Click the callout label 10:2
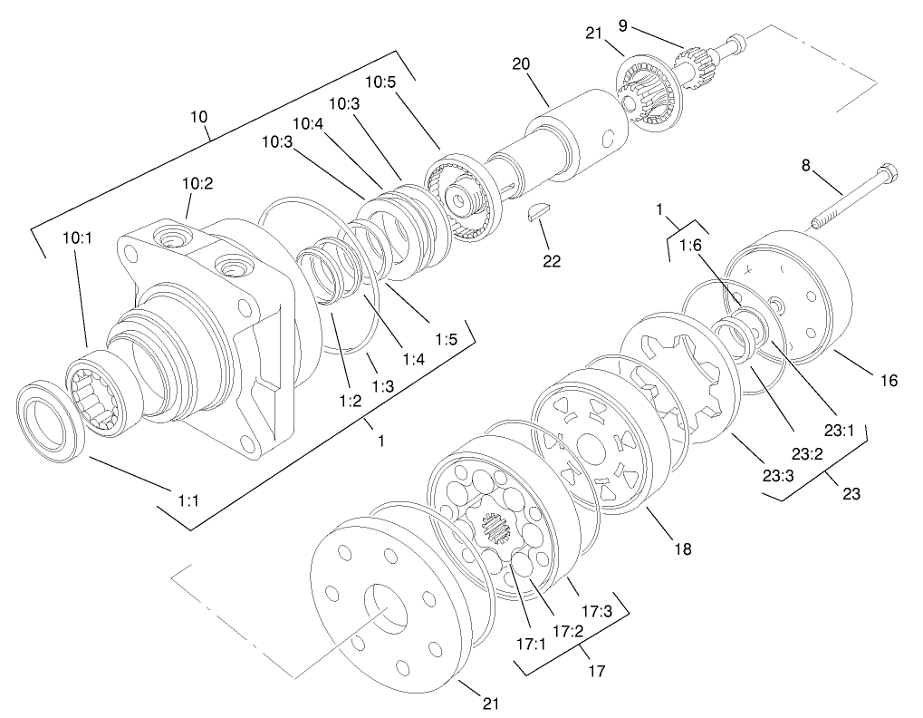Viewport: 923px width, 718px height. pos(197,183)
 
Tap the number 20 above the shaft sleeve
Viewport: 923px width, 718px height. pos(521,64)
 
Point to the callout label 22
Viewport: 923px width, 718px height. pos(551,261)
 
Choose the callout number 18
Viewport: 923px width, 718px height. pos(681,548)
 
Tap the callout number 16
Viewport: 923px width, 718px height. pos(889,381)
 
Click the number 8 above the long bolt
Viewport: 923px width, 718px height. pos(804,165)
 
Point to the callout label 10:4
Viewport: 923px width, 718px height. pos(308,122)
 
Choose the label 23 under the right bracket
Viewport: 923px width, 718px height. pos(851,494)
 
